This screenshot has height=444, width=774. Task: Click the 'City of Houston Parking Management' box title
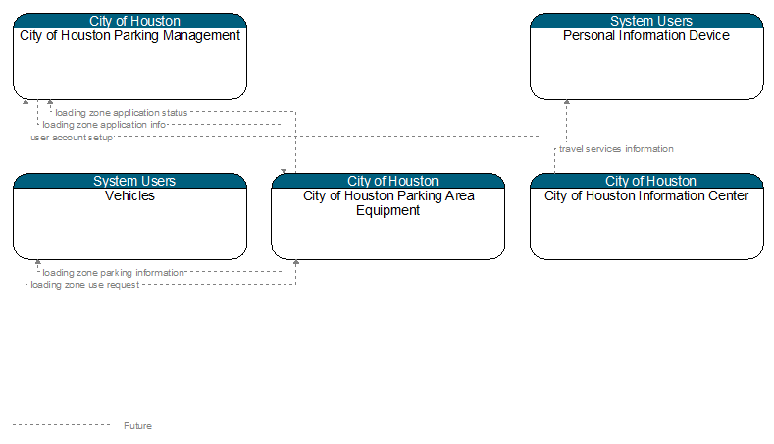coord(129,35)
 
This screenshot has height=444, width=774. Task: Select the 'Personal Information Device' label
coord(646,35)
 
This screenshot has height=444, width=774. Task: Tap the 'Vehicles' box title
coord(129,195)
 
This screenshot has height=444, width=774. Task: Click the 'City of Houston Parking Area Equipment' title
coord(388,203)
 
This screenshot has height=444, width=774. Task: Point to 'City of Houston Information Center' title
coord(646,195)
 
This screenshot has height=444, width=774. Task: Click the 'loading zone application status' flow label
coord(122,113)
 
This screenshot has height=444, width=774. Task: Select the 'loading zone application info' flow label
coord(104,125)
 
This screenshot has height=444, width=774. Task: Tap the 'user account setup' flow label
coord(72,137)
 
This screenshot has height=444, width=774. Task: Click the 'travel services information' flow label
coord(616,149)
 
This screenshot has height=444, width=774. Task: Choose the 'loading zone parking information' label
coord(113,272)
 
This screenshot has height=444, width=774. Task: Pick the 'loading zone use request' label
coord(85,285)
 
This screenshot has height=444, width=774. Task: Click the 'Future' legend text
coord(137,425)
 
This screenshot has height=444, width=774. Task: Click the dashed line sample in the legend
coord(61,424)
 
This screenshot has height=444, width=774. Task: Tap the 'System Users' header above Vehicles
coord(134,181)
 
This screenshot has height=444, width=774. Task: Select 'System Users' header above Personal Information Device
coord(651,21)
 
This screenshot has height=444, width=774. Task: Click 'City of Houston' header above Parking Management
coord(134,21)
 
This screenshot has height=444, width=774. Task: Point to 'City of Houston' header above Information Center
coord(651,181)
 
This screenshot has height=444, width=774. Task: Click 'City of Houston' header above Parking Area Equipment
coord(393,181)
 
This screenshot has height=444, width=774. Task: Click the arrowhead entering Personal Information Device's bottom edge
coord(567,102)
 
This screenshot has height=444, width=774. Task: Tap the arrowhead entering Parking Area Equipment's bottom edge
coord(296,262)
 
